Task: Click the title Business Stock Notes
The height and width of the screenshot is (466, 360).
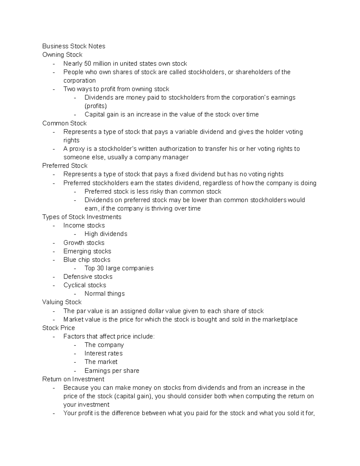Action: click(x=73, y=46)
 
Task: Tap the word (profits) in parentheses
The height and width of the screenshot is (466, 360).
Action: click(x=95, y=106)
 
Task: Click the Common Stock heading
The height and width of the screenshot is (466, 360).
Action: click(x=64, y=123)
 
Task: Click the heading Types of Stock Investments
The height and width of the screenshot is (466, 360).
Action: click(x=82, y=217)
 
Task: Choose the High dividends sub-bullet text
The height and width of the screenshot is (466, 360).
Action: click(x=106, y=234)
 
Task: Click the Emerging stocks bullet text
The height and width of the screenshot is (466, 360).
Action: click(x=87, y=251)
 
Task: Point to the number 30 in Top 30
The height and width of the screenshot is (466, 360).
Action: click(x=100, y=268)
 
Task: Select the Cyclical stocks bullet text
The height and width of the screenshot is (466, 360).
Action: click(x=85, y=285)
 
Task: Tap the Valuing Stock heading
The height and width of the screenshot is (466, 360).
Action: click(x=62, y=302)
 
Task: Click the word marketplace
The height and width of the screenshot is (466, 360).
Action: click(x=280, y=320)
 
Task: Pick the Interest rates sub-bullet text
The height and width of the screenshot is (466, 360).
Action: click(x=103, y=353)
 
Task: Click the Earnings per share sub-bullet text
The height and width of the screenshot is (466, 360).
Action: click(x=112, y=371)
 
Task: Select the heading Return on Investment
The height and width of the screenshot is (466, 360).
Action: click(x=73, y=379)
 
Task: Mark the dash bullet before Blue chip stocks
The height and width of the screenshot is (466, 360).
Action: click(x=54, y=260)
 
